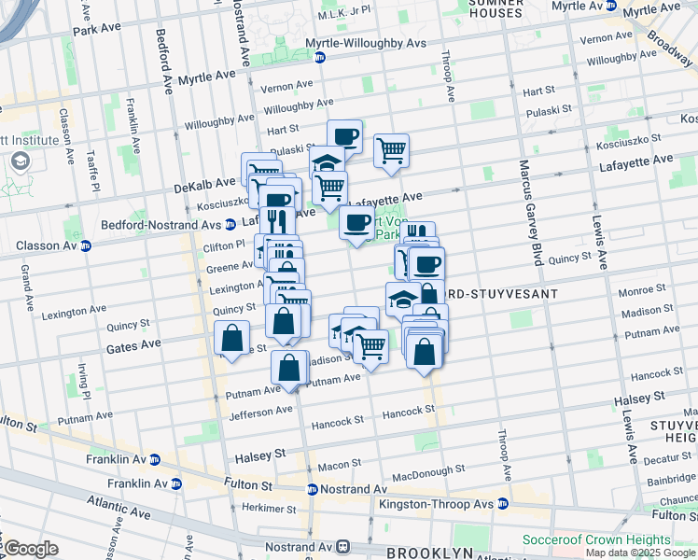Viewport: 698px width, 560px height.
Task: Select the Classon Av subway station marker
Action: coord(85,246)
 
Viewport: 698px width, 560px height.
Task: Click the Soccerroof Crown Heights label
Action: coord(596,540)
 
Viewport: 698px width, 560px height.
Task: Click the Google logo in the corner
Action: coord(31,549)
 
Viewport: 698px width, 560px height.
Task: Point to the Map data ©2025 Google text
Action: coord(640,553)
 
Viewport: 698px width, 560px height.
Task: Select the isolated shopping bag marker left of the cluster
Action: coord(230,339)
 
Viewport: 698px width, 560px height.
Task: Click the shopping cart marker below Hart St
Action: coord(392,150)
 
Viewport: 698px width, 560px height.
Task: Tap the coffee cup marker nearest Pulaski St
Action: coord(344,136)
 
